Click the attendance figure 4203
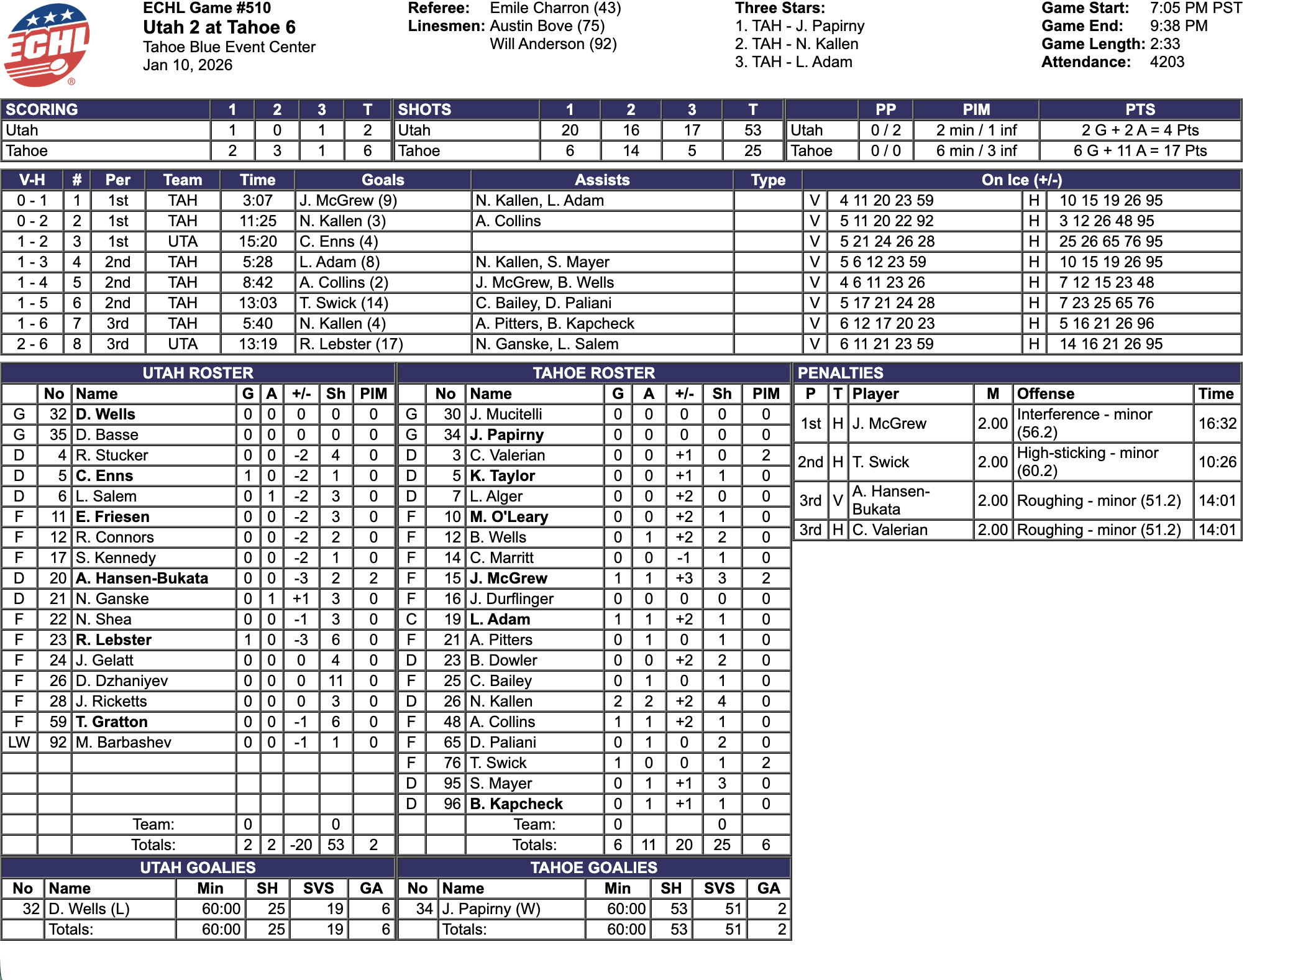point(1167,62)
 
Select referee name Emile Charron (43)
point(555,8)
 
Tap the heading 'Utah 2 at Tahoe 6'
point(219,27)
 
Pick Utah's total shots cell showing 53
point(752,131)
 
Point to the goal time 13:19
point(258,344)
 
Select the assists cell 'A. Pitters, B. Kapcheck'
point(555,324)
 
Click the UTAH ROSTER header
point(198,373)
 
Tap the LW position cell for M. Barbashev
point(19,743)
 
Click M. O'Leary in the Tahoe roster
point(509,517)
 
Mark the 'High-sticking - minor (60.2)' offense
point(1087,462)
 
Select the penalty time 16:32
point(1217,424)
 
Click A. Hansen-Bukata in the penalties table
point(890,500)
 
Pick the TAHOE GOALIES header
point(593,868)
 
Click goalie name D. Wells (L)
point(89,909)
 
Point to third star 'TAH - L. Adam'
point(793,62)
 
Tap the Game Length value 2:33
point(1164,44)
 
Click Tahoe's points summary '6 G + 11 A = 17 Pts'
point(1140,151)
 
